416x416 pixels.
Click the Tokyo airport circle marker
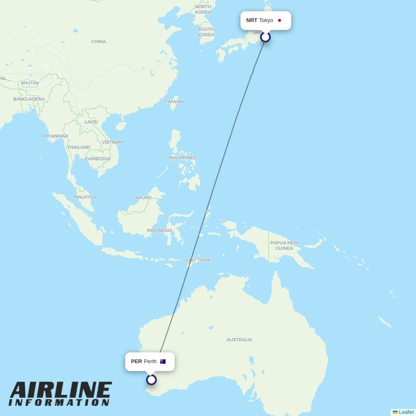[265, 37]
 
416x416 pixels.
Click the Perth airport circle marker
[151, 380]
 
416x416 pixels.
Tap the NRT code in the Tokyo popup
[252, 20]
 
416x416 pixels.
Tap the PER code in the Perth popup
[136, 362]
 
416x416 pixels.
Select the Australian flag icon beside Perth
[163, 362]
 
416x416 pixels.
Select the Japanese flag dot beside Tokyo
[280, 20]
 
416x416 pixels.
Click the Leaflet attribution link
[406, 412]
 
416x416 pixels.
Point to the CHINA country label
[99, 42]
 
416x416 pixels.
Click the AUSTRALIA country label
[239, 340]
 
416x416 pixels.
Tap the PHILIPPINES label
[182, 158]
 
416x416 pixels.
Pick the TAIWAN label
[174, 102]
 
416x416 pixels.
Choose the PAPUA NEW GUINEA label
[284, 245]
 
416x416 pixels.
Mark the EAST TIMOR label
[198, 260]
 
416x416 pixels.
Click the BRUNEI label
[144, 198]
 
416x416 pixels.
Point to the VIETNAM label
[112, 142]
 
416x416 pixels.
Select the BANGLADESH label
[29, 99]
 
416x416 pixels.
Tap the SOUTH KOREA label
[206, 32]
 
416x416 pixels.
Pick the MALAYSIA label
[86, 197]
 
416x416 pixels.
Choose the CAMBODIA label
[97, 159]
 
